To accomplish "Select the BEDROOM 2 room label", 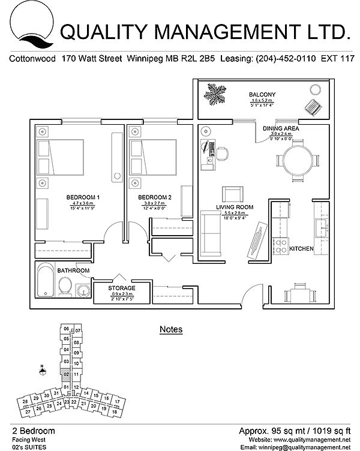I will click(x=155, y=197).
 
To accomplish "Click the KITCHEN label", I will click(x=302, y=248).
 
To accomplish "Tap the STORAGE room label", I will click(x=122, y=288).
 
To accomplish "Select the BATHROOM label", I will click(x=73, y=270).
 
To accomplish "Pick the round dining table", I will click(x=298, y=159).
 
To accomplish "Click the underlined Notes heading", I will click(x=171, y=329).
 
